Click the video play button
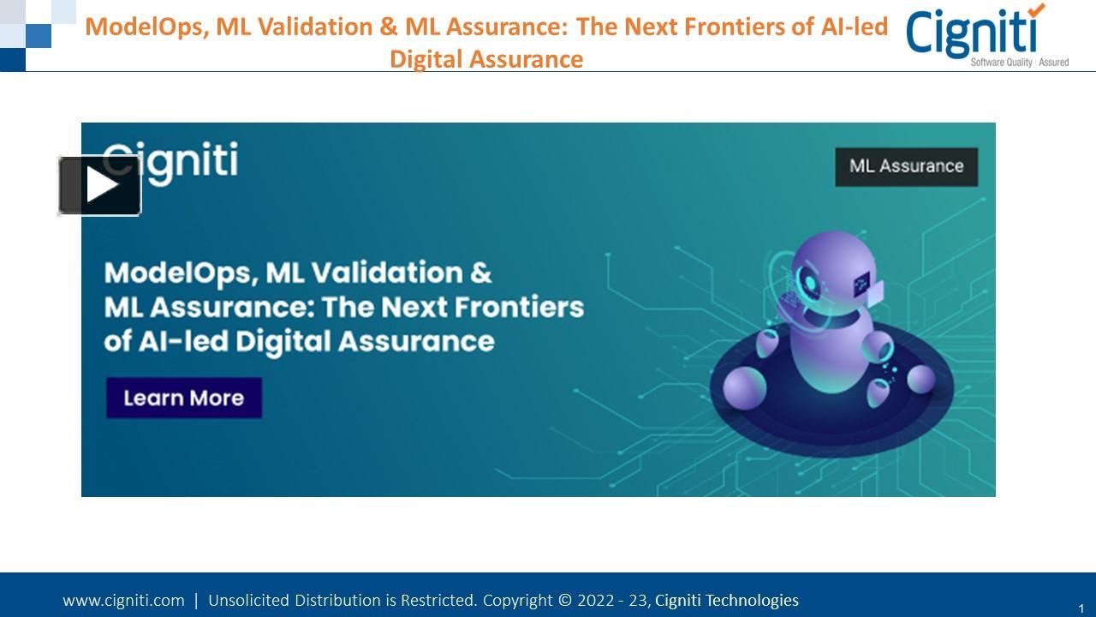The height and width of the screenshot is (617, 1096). click(99, 185)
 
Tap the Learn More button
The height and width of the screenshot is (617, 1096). click(183, 398)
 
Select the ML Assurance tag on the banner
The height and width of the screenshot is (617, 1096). click(906, 166)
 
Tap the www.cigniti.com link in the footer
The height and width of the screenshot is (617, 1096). click(123, 601)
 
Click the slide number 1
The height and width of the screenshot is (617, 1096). click(1081, 607)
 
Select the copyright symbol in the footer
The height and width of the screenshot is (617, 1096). click(564, 601)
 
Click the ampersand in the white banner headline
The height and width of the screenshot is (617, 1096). click(481, 273)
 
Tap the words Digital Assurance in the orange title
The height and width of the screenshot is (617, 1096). click(485, 59)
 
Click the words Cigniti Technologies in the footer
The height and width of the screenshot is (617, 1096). click(726, 601)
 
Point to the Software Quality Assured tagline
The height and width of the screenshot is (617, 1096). click(1019, 63)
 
